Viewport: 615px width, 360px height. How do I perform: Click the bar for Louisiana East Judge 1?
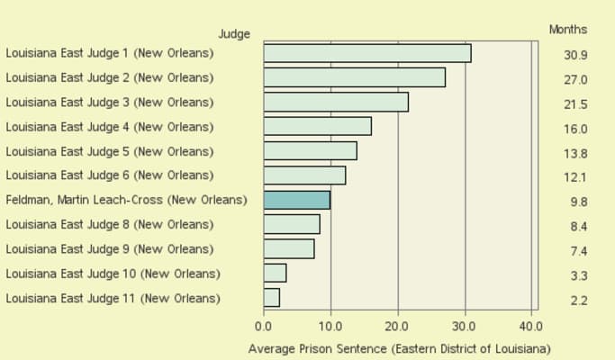pyautogui.click(x=367, y=54)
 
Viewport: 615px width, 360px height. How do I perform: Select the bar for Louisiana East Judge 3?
pyautogui.click(x=336, y=103)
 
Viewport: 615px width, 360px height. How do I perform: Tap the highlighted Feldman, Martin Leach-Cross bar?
pyautogui.click(x=297, y=200)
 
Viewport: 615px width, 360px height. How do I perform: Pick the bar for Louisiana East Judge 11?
pyautogui.click(x=272, y=297)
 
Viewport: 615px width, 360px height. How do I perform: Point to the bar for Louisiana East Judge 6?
pyautogui.click(x=304, y=175)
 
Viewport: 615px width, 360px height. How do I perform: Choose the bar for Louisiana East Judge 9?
pyautogui.click(x=289, y=248)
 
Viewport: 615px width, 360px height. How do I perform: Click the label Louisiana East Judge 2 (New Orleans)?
pyautogui.click(x=110, y=78)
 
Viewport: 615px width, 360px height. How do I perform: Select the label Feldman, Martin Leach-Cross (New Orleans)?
pyautogui.click(x=126, y=200)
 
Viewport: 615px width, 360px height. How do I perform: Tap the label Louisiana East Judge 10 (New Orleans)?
pyautogui.click(x=113, y=273)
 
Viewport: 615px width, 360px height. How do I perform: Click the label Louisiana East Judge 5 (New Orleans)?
pyautogui.click(x=110, y=151)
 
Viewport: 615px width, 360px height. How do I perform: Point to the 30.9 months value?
pyautogui.click(x=575, y=56)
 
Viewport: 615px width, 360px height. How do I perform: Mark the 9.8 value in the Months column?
pyautogui.click(x=578, y=202)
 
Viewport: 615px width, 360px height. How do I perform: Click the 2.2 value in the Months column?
pyautogui.click(x=578, y=301)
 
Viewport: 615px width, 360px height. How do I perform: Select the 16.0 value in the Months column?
pyautogui.click(x=575, y=129)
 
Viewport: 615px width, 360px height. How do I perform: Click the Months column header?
pyautogui.click(x=568, y=30)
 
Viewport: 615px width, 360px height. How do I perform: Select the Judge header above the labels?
pyautogui.click(x=234, y=34)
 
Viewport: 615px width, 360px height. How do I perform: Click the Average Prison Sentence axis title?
pyautogui.click(x=399, y=348)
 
